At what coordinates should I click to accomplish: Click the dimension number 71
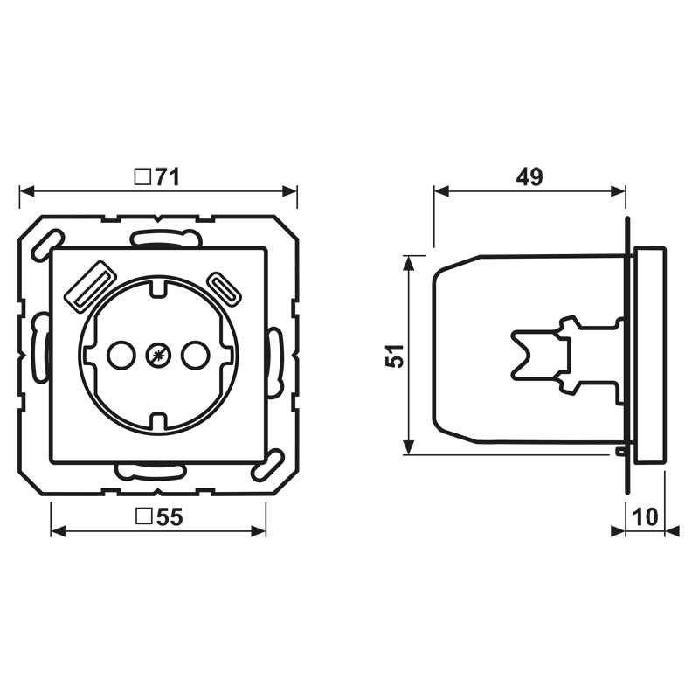[x=167, y=178]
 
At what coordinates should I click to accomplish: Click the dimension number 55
[x=170, y=517]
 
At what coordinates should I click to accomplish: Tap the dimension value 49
[x=529, y=177]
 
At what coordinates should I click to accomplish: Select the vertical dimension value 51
[x=395, y=355]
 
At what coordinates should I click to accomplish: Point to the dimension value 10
[x=645, y=517]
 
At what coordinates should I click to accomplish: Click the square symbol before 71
[x=141, y=178]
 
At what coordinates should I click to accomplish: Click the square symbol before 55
[x=143, y=517]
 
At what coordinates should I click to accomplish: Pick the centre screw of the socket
[x=157, y=354]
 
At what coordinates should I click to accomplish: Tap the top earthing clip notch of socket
[x=157, y=286]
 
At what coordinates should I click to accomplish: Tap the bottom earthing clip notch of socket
[x=157, y=422]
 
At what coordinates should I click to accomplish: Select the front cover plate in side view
[x=648, y=356]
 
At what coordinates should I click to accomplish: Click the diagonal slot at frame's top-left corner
[x=45, y=245]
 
